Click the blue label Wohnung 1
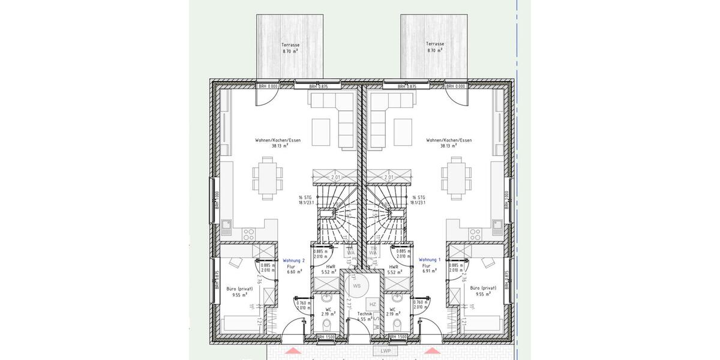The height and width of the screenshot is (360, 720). (x=430, y=259)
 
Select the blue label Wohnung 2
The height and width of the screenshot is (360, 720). (x=294, y=260)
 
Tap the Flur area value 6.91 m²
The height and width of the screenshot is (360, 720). (x=427, y=272)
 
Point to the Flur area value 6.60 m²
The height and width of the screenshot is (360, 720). (x=292, y=272)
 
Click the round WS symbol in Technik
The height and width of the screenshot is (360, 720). (x=356, y=286)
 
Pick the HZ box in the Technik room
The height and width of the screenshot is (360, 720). (x=373, y=305)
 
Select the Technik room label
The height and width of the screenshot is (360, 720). (x=364, y=314)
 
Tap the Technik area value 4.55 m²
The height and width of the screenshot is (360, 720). (x=364, y=320)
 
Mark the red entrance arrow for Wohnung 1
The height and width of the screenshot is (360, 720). (x=431, y=350)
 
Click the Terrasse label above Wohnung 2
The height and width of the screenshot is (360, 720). (x=290, y=45)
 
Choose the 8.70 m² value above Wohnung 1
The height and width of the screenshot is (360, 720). (x=434, y=51)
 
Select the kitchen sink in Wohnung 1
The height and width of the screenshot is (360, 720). (x=497, y=227)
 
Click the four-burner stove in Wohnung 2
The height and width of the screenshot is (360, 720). (x=248, y=233)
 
